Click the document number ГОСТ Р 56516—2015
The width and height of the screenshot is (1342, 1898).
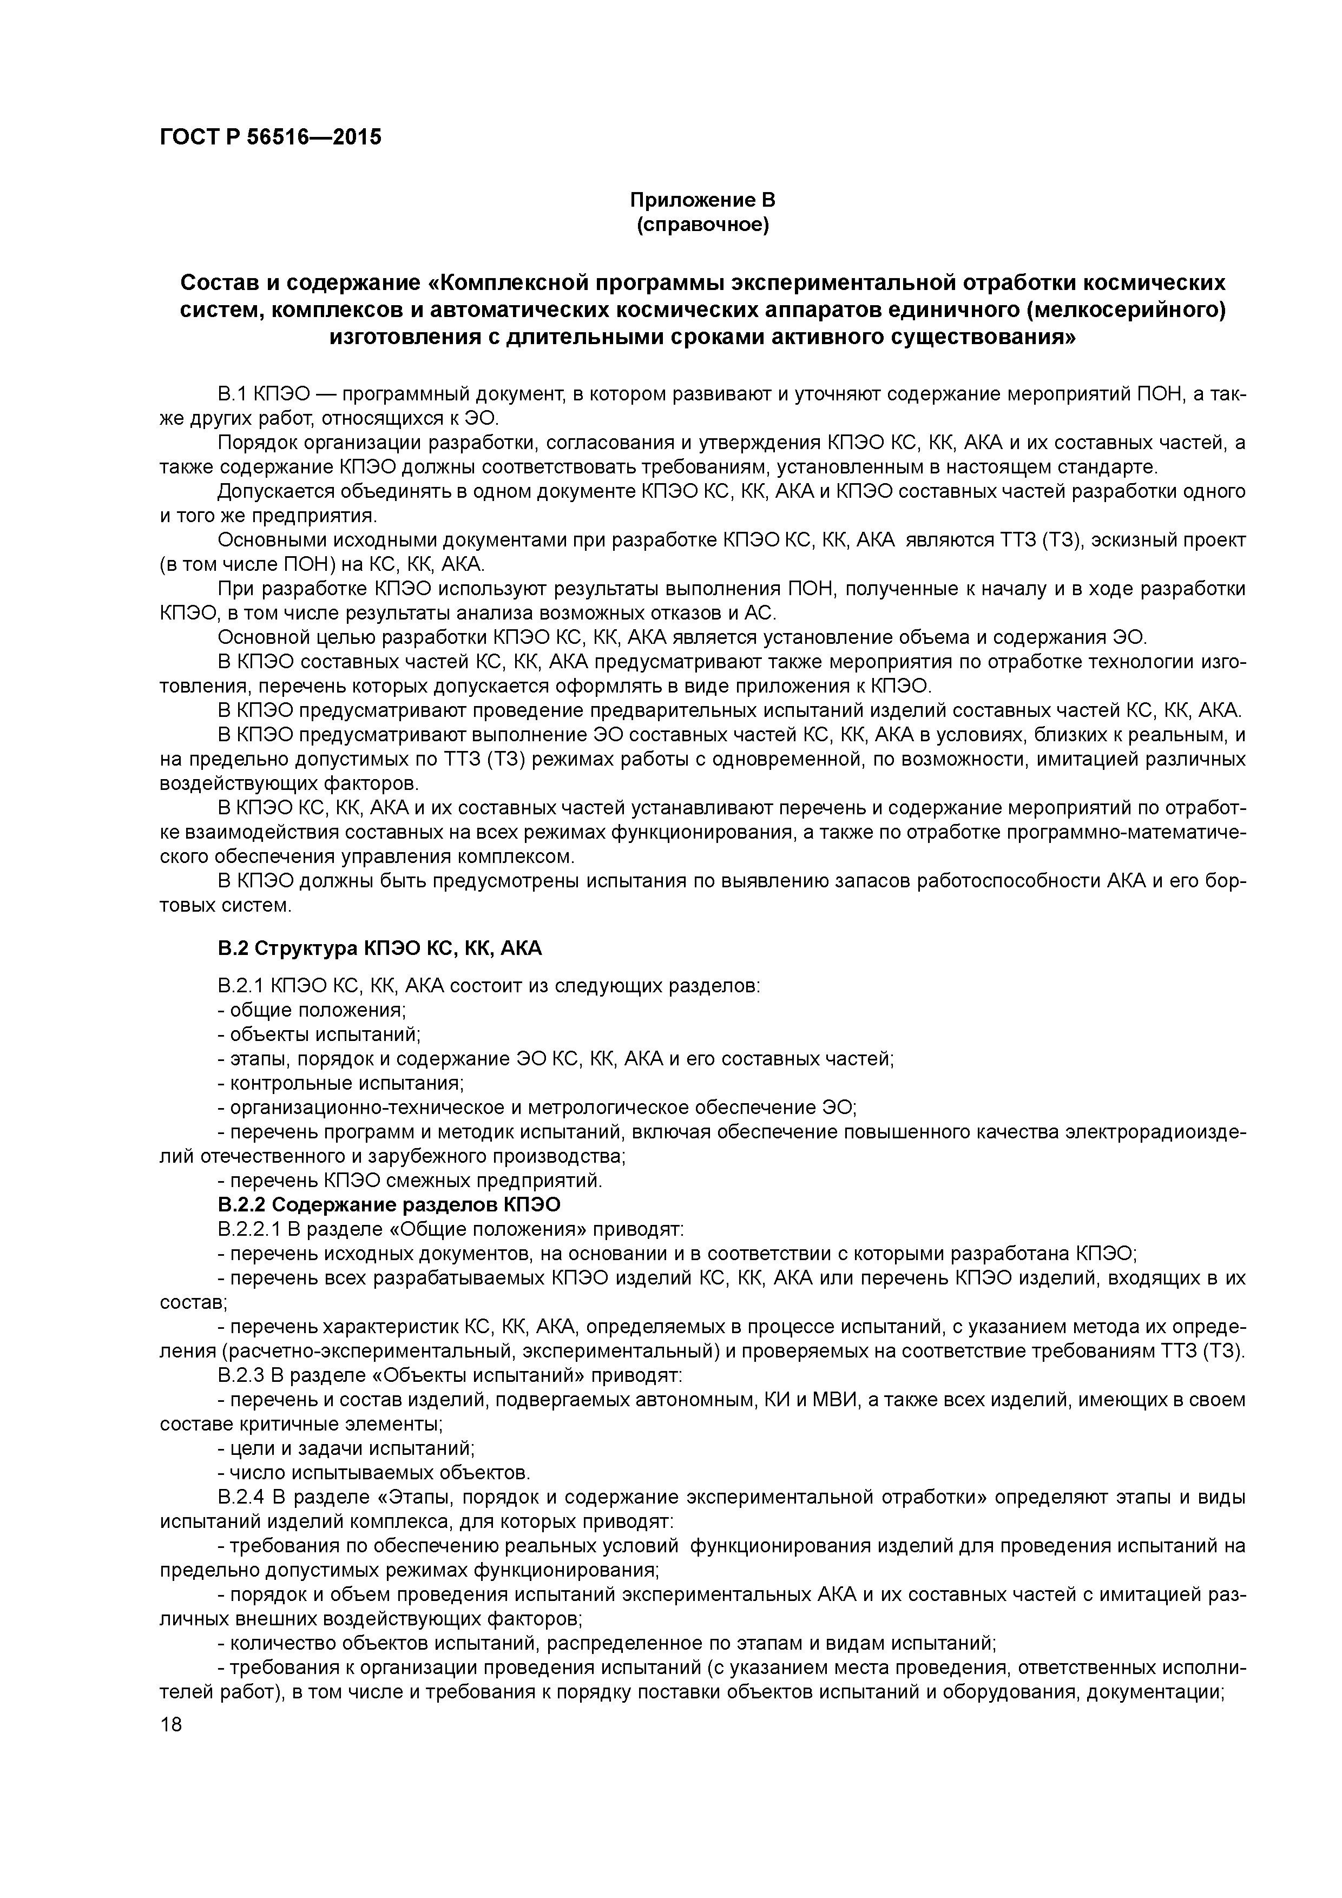[x=271, y=137]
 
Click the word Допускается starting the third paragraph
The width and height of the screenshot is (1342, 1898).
[x=271, y=492]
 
